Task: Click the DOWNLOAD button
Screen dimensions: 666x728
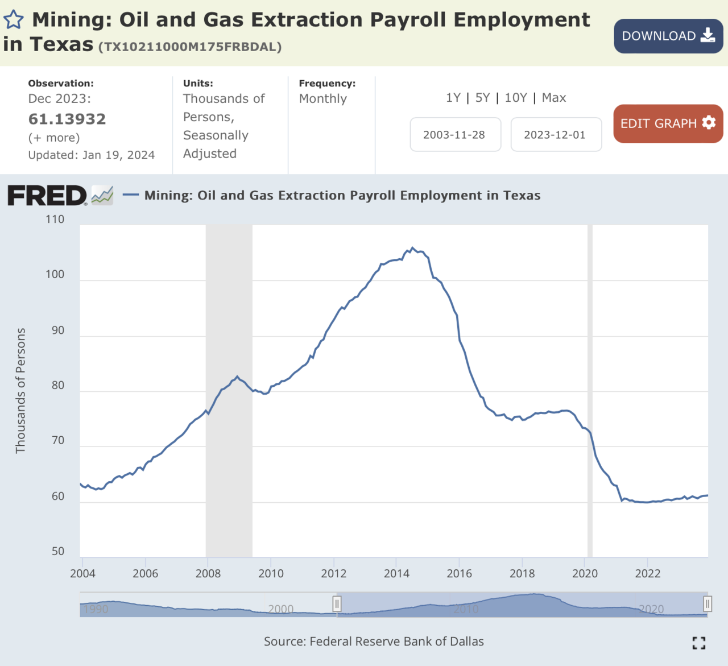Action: tap(668, 36)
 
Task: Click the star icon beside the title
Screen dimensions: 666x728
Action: tap(14, 20)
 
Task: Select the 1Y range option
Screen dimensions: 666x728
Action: tap(453, 98)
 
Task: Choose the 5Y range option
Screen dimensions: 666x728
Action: tap(482, 98)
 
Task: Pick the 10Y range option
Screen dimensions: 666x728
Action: tap(516, 98)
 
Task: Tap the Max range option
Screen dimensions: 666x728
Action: tap(554, 98)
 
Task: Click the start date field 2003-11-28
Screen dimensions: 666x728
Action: tap(455, 135)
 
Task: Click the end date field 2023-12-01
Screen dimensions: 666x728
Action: tap(555, 135)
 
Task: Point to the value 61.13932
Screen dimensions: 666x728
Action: tap(67, 119)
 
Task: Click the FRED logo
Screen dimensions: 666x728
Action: tap(48, 196)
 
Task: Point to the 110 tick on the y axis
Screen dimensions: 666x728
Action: tap(55, 220)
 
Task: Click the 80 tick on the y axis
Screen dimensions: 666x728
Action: tap(57, 386)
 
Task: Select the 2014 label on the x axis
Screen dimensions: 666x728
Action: tap(396, 573)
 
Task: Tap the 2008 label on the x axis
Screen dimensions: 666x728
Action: tap(208, 573)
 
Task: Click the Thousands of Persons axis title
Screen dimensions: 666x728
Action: tap(20, 391)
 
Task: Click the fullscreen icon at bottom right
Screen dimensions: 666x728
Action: tap(699, 643)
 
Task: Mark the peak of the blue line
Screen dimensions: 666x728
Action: tap(412, 248)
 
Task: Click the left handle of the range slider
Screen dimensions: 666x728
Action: tap(337, 603)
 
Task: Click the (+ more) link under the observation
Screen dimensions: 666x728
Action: tap(54, 138)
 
